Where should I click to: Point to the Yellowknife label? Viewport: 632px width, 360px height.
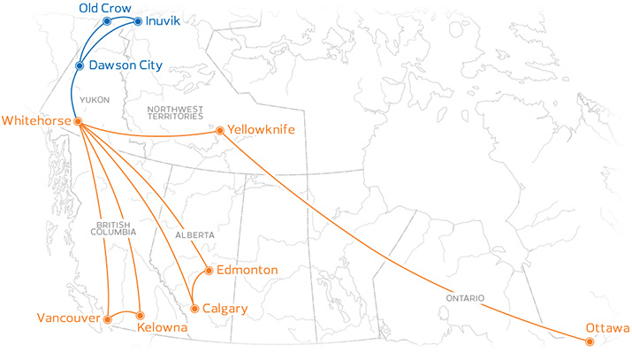click(261, 129)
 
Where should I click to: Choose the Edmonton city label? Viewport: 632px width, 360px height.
click(247, 270)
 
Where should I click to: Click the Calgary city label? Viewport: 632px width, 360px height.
click(225, 309)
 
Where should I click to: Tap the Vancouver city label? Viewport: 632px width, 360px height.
click(68, 318)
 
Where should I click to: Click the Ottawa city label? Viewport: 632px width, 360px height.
click(607, 330)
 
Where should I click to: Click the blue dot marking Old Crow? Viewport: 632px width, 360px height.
click(107, 19)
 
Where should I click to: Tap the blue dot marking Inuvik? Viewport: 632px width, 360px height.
click(138, 19)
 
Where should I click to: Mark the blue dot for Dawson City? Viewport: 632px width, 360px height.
click(80, 65)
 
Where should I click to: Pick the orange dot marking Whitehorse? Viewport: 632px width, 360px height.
click(78, 121)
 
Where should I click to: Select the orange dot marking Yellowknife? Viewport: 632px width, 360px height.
click(220, 131)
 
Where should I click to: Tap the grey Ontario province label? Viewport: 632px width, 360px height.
click(465, 299)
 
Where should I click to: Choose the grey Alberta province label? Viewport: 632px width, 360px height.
click(194, 235)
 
